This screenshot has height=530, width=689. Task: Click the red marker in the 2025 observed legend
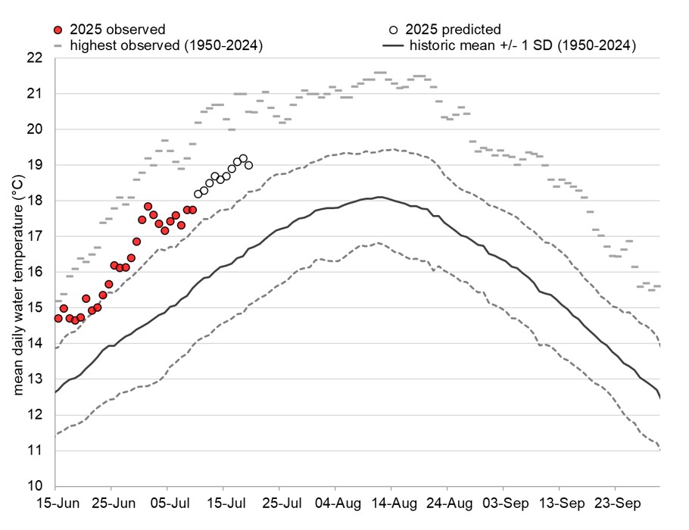point(57,30)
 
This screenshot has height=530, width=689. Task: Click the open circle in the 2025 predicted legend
point(393,30)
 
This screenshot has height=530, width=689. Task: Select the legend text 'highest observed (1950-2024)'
point(166,45)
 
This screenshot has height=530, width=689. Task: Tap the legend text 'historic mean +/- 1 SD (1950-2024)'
point(522,45)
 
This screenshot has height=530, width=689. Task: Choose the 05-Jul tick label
point(168,503)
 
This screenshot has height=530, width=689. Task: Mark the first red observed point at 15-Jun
point(58,318)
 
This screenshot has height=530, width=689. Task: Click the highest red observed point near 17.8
point(148,207)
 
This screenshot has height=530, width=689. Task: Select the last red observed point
point(192,210)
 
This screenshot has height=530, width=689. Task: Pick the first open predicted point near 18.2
point(198,194)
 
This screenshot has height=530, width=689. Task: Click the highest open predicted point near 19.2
point(243,158)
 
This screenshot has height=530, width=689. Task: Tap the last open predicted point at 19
point(248,165)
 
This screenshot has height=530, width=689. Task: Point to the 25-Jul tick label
point(279,503)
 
